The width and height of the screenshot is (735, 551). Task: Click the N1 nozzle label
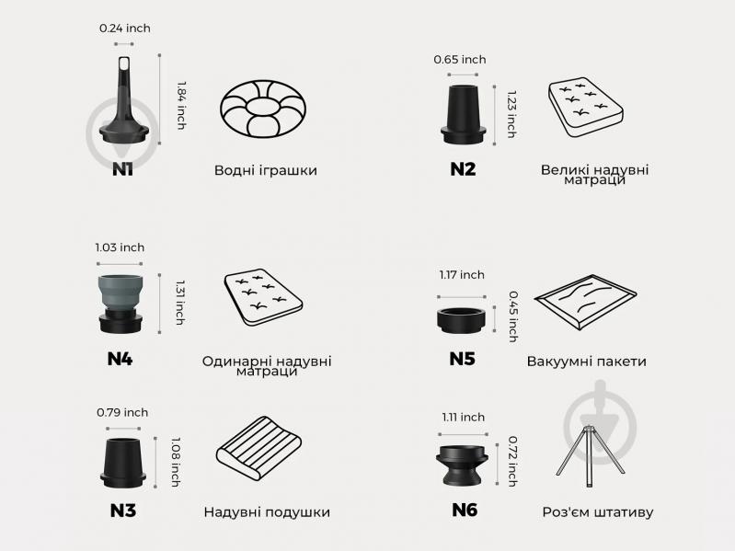tap(122, 169)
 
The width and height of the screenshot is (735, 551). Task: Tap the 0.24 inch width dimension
tap(125, 29)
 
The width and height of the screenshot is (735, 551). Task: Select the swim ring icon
tap(263, 109)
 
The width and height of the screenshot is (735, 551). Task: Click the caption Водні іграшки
tap(265, 170)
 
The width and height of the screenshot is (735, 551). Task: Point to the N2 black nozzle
tap(463, 114)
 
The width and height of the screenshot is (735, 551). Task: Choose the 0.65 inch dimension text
tap(460, 60)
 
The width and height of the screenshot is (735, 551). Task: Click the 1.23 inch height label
tap(511, 114)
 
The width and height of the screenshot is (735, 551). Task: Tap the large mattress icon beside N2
tap(585, 108)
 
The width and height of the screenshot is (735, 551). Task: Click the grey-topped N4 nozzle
tap(121, 304)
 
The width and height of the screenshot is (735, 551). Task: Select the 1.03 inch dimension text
tap(120, 247)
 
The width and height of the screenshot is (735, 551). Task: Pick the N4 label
tap(120, 359)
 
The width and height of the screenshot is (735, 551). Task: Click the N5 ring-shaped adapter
tap(462, 320)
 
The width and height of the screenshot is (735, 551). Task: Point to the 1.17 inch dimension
tap(462, 275)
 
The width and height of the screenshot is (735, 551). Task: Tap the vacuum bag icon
tap(585, 303)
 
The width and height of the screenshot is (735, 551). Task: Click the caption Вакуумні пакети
tap(586, 362)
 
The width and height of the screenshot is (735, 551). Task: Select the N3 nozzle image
tap(123, 463)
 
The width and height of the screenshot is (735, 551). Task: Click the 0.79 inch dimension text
tap(122, 412)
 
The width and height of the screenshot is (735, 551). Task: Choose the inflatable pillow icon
tap(258, 447)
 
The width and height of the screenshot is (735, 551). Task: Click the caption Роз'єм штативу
tap(598, 512)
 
